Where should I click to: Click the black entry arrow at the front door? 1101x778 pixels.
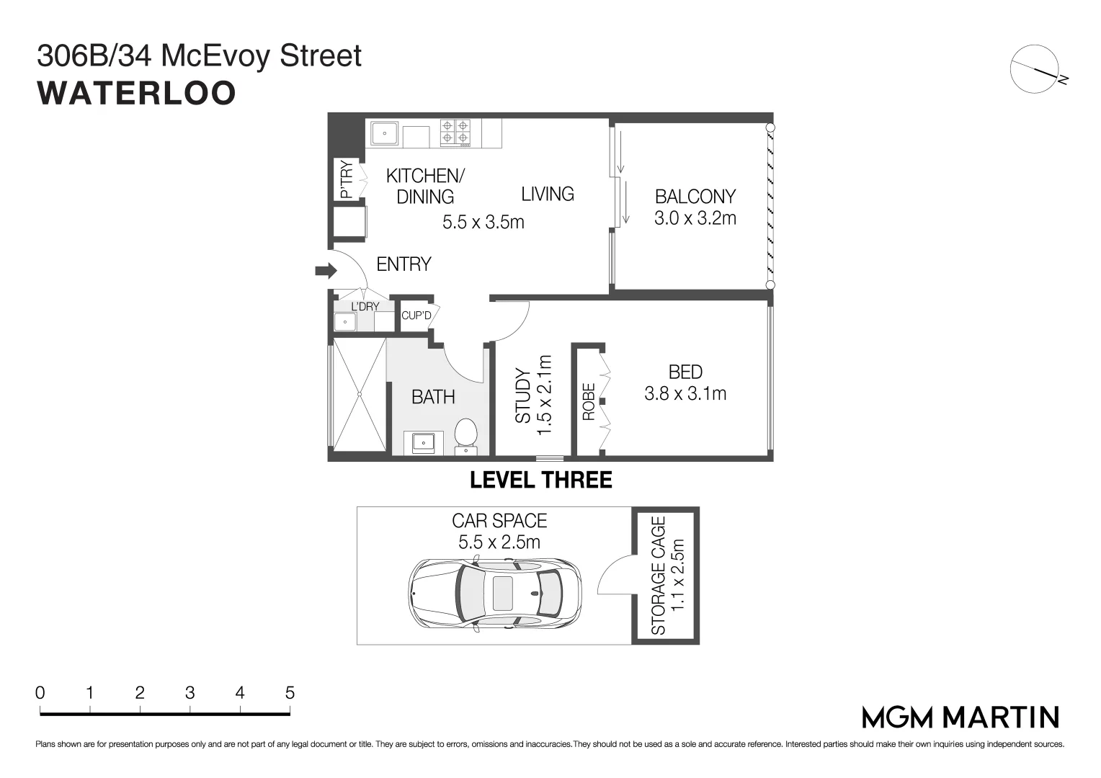coord(326,271)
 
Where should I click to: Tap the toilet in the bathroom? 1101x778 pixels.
coord(466,435)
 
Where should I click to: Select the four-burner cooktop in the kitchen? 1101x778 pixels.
coord(455,133)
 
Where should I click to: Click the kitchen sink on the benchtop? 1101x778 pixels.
coord(385,133)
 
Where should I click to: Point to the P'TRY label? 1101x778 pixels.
coord(347,179)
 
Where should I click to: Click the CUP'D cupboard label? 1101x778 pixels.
coord(416,316)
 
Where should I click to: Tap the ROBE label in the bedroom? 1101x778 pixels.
coord(589,401)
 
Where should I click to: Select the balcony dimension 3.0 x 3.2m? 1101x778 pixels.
coord(695,218)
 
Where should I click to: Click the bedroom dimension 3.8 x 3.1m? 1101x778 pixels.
coord(685,394)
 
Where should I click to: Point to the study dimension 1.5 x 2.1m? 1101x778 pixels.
coord(544,394)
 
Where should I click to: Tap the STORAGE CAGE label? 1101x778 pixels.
coord(659,576)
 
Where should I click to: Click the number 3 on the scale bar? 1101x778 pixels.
coord(190,693)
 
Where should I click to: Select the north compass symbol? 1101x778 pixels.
coord(1038,68)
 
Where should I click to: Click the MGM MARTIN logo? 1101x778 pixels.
coord(960,717)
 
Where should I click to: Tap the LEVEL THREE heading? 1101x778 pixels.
coord(540,480)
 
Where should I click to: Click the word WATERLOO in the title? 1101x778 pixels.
coord(136,94)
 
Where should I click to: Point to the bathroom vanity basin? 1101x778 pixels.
coord(423,442)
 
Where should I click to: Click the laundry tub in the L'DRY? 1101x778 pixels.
coord(346,322)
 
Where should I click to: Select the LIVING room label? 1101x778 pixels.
coord(548,194)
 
